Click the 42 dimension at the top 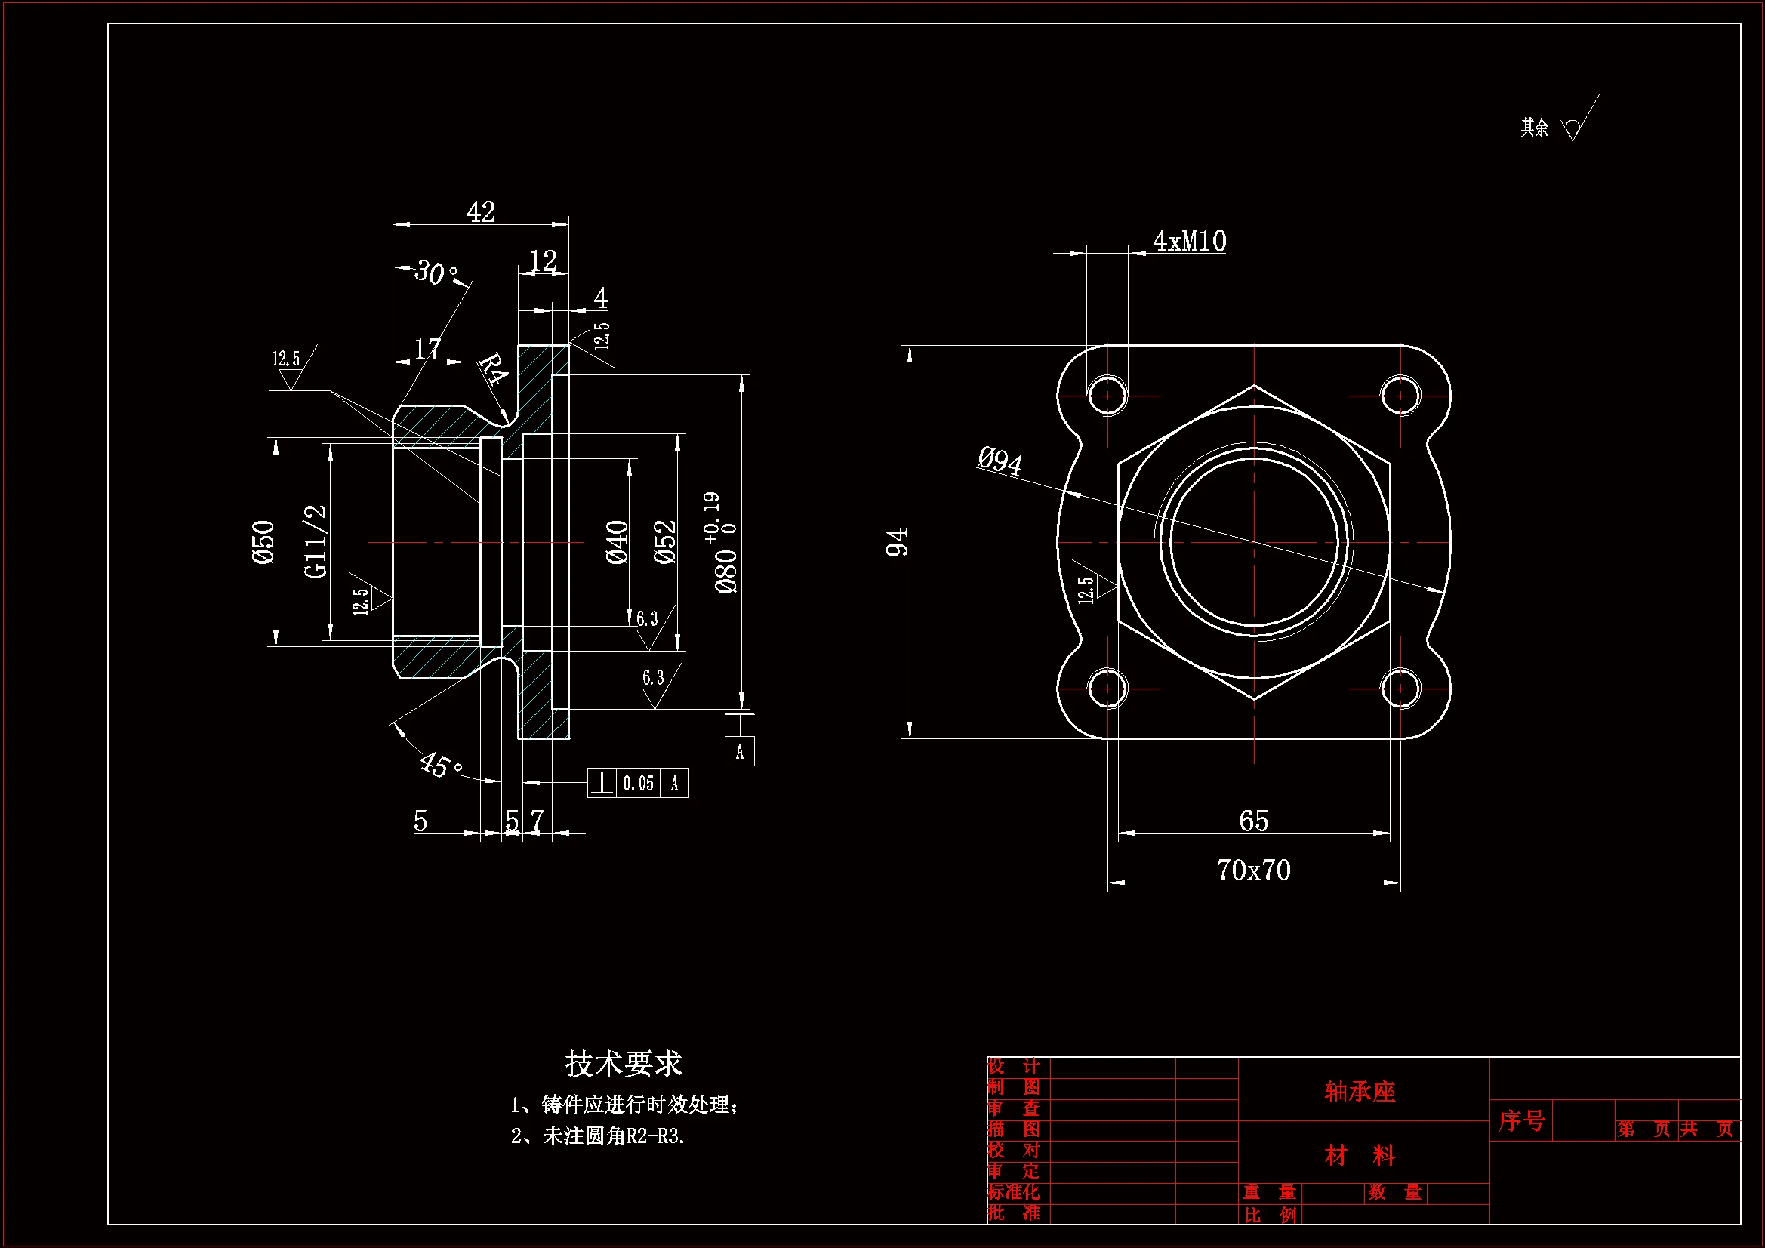[480, 211]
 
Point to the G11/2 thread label [316, 541]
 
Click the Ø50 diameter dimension [263, 541]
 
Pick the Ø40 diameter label [618, 541]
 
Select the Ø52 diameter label [665, 541]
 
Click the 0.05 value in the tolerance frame [638, 784]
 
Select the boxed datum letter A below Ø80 [740, 751]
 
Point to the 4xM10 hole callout [1189, 242]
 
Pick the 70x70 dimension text [1253, 870]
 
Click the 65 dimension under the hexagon [1253, 821]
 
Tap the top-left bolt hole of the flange [1107, 396]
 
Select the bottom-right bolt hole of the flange [1400, 689]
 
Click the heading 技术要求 [624, 1064]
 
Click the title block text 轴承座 [1359, 1091]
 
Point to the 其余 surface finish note [1535, 128]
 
